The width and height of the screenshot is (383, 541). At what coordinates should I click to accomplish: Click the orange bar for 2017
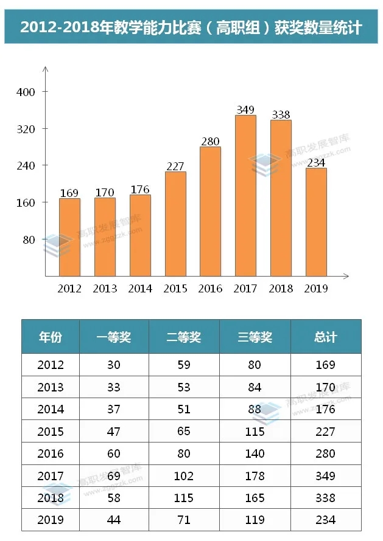245,195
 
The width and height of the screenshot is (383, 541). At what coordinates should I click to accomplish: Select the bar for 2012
69,237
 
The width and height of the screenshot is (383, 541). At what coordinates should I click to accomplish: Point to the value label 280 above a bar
210,142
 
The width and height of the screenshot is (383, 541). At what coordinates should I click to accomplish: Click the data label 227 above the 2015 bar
175,166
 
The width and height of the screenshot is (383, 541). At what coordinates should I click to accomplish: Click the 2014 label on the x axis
140,289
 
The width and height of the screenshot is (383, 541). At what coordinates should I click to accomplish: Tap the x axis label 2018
281,289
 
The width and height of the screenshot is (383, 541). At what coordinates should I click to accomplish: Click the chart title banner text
191,28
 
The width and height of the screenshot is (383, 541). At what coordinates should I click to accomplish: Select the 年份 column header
51,337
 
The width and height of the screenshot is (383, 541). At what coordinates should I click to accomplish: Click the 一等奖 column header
114,337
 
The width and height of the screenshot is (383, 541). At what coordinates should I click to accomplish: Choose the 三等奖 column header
255,337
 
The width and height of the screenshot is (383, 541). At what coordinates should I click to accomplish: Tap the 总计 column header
326,337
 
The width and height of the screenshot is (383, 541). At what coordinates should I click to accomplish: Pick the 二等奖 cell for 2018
183,498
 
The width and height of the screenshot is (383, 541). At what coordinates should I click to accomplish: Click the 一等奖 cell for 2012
114,365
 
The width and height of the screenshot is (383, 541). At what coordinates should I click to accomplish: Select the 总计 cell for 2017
326,476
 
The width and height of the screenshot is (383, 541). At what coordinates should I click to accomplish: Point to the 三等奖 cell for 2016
255,453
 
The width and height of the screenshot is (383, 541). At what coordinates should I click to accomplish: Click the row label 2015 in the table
51,432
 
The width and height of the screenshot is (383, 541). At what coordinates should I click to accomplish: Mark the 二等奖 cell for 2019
183,520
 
